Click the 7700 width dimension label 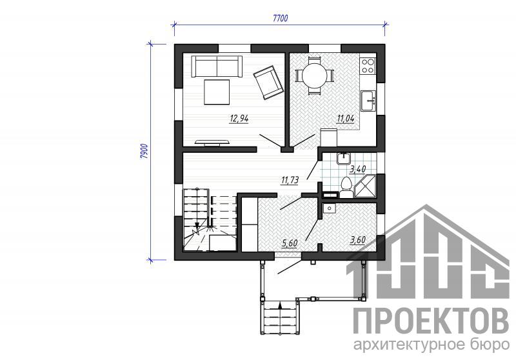coord(281,18)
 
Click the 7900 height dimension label coord(144,152)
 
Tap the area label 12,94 coord(239,119)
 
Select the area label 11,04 coord(345,119)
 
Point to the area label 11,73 coord(290,180)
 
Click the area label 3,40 coord(358,170)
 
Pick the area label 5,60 coord(290,243)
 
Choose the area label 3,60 coord(358,240)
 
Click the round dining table coord(315,76)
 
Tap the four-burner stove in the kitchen coord(368,66)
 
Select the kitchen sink coord(368,101)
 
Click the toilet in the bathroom coord(346,188)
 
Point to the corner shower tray coord(365,187)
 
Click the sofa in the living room coord(217,66)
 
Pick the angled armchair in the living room coord(268,82)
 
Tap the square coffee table coord(217,92)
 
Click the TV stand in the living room coord(212,142)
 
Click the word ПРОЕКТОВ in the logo coord(431,321)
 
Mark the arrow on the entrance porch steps coord(280,306)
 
